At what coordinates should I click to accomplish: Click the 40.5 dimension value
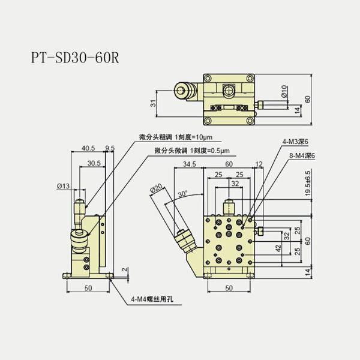(x=88, y=147)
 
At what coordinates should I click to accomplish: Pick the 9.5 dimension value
(x=110, y=147)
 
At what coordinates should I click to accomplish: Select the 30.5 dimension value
(x=93, y=163)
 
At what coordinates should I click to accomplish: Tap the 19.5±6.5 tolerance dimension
(x=308, y=184)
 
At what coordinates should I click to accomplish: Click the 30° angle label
(x=183, y=194)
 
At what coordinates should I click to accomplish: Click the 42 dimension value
(x=278, y=248)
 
